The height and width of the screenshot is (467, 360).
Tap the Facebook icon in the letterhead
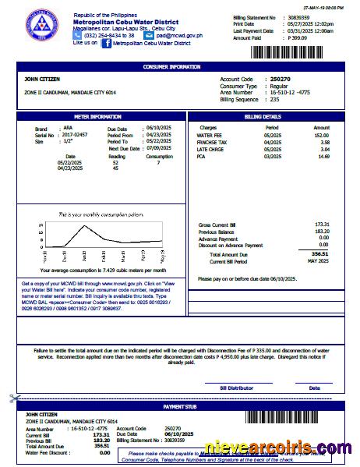(x=105, y=44)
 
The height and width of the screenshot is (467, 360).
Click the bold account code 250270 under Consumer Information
(x=278, y=80)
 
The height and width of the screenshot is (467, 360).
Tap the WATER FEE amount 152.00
(x=321, y=135)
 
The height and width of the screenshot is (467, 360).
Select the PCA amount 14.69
(x=322, y=156)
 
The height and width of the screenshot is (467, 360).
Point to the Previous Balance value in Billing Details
(x=321, y=232)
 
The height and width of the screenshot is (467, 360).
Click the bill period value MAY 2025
(x=317, y=260)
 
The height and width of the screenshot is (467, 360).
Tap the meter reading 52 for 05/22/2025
(x=115, y=162)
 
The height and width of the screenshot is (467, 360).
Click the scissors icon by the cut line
(x=13, y=398)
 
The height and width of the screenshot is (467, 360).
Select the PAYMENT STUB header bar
(x=181, y=406)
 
